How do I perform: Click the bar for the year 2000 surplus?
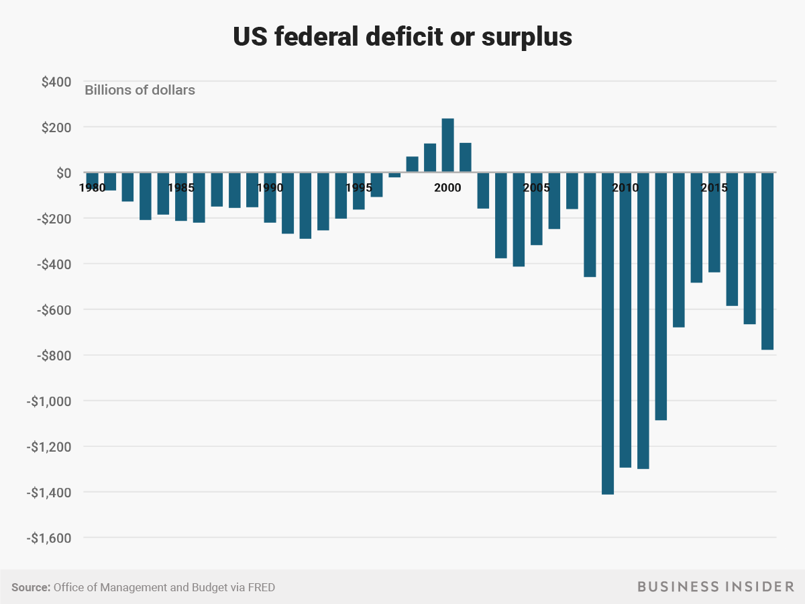(x=447, y=146)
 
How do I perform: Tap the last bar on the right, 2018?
(x=767, y=261)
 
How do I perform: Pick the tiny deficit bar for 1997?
(x=394, y=175)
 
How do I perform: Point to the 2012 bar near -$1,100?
(x=661, y=296)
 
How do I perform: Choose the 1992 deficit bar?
(x=305, y=205)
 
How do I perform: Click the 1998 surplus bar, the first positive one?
(x=412, y=164)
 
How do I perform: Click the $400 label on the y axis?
(x=56, y=82)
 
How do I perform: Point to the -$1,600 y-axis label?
(x=48, y=538)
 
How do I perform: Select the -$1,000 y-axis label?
(x=48, y=401)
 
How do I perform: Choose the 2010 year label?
(x=625, y=188)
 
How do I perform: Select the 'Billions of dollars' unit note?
(x=140, y=89)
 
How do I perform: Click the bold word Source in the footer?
(x=31, y=587)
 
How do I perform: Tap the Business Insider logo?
(x=715, y=587)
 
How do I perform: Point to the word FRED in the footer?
(x=260, y=587)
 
